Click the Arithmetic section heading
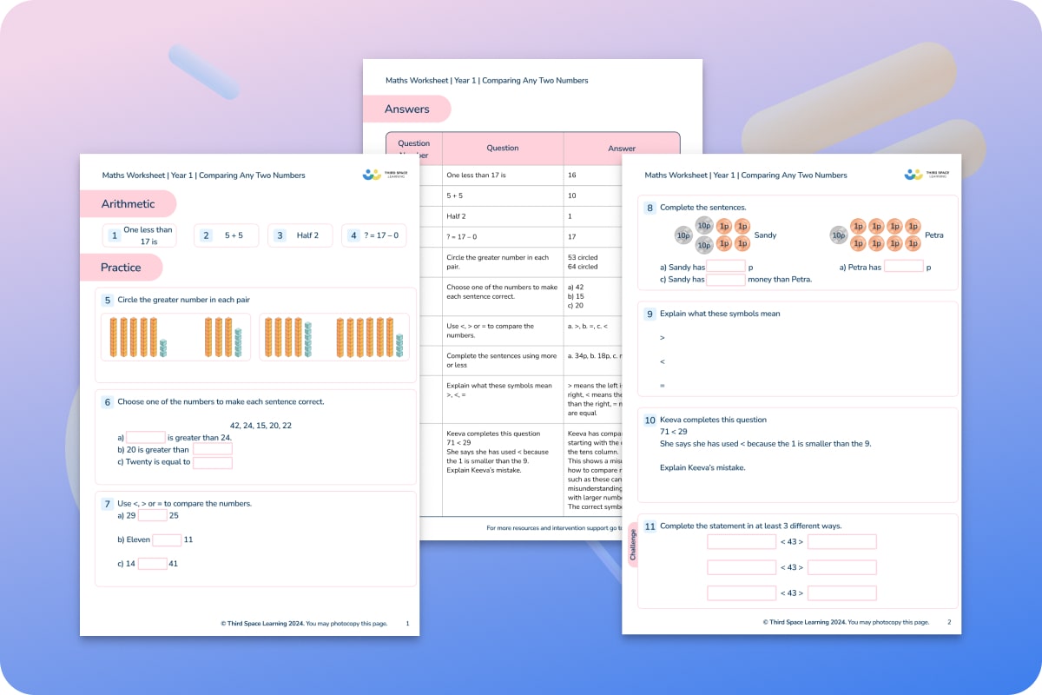[x=128, y=204]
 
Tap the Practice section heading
[x=121, y=268]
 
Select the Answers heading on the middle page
[x=407, y=109]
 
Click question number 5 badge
[x=108, y=301]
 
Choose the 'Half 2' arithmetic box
[x=300, y=235]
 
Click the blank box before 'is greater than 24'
[x=145, y=438]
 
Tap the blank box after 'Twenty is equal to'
[x=213, y=463]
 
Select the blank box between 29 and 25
[x=152, y=515]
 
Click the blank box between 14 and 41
[x=152, y=564]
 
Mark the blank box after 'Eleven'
[x=167, y=539]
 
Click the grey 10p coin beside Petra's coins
[x=838, y=235]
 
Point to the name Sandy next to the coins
[x=765, y=235]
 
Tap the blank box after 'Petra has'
[x=903, y=267]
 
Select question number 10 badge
[x=650, y=420]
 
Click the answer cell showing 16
[x=572, y=175]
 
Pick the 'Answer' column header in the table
[x=621, y=149]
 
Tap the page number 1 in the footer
[x=408, y=623]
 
